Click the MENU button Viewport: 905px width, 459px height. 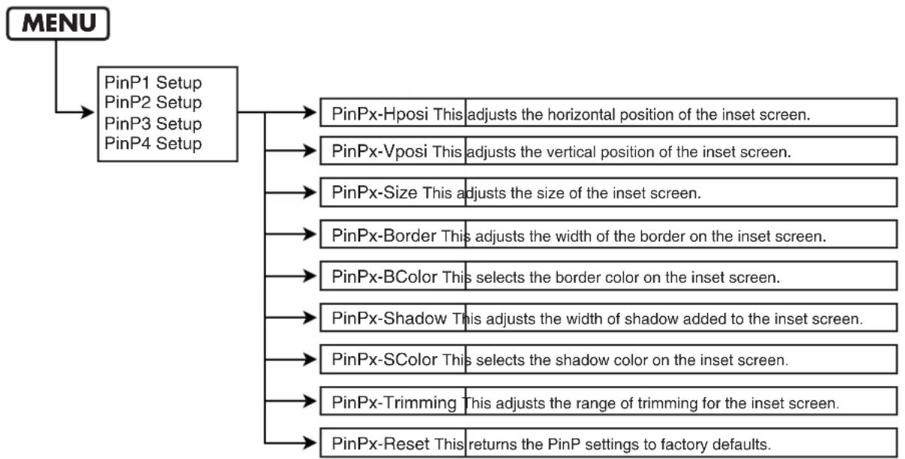tap(58, 23)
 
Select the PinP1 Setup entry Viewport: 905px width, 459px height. tap(153, 83)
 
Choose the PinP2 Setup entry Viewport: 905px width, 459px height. tap(153, 102)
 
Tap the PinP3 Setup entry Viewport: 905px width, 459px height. tap(153, 123)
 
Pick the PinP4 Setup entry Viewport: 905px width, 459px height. tap(153, 143)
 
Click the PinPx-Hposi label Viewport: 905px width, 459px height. tap(380, 114)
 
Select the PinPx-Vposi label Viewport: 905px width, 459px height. tap(380, 152)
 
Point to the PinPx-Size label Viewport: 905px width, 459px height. tap(374, 193)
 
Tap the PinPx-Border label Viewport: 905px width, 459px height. tap(384, 236)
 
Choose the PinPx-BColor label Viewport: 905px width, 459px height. tap(384, 277)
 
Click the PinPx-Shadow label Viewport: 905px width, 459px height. tap(389, 318)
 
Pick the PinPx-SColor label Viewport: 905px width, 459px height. tap(384, 360)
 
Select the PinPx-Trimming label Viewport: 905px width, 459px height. tap(394, 403)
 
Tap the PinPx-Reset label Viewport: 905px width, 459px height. tap(380, 444)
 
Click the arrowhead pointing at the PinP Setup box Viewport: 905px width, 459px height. tap(87, 112)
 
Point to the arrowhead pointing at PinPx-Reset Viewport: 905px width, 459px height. tap(310, 443)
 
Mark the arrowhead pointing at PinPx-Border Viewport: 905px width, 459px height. tap(310, 234)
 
